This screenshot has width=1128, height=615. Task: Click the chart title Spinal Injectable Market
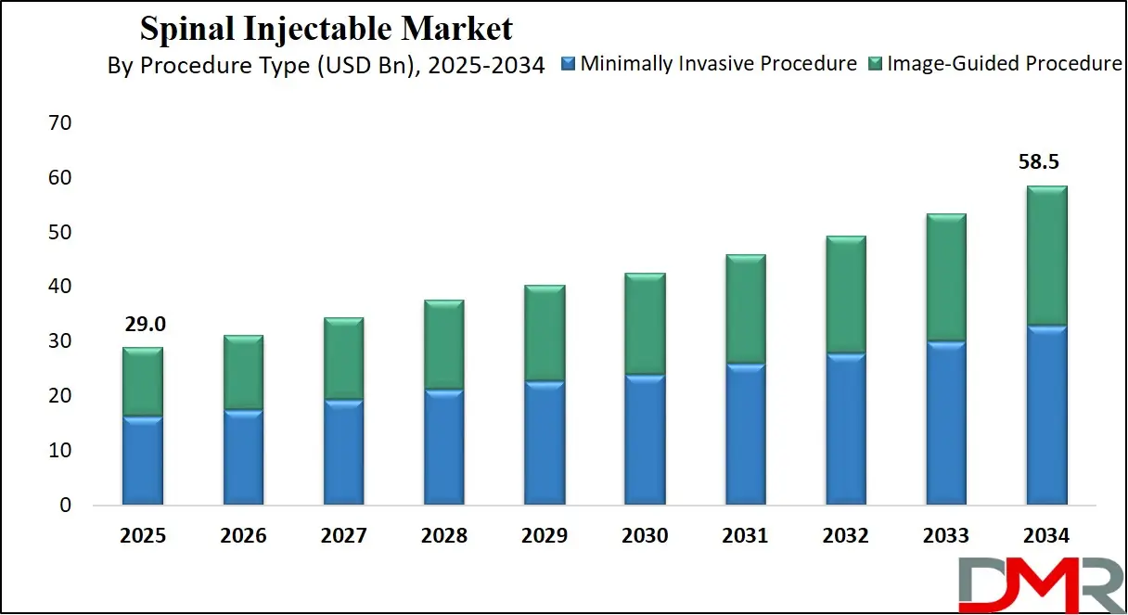pyautogui.click(x=326, y=29)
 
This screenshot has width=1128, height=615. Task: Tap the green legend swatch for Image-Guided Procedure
pyautogui.click(x=875, y=65)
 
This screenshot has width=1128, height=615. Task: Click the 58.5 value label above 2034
pyautogui.click(x=1038, y=162)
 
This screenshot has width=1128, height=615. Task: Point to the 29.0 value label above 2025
pyautogui.click(x=143, y=325)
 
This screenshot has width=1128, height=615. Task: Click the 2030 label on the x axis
pyautogui.click(x=645, y=536)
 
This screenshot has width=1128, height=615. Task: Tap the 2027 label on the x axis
pyautogui.click(x=344, y=536)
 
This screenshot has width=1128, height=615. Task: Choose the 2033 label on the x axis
pyautogui.click(x=945, y=536)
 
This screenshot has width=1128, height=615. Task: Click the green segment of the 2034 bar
pyautogui.click(x=1045, y=255)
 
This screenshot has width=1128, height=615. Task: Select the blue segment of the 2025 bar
pyautogui.click(x=143, y=460)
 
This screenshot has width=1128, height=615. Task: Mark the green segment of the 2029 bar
pyautogui.click(x=545, y=333)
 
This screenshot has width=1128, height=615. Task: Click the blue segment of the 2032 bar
pyautogui.click(x=845, y=429)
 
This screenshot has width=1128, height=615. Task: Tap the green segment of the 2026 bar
pyautogui.click(x=243, y=372)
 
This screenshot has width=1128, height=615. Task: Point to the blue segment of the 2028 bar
pyautogui.click(x=443, y=447)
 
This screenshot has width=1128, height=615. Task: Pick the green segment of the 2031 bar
pyautogui.click(x=745, y=309)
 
